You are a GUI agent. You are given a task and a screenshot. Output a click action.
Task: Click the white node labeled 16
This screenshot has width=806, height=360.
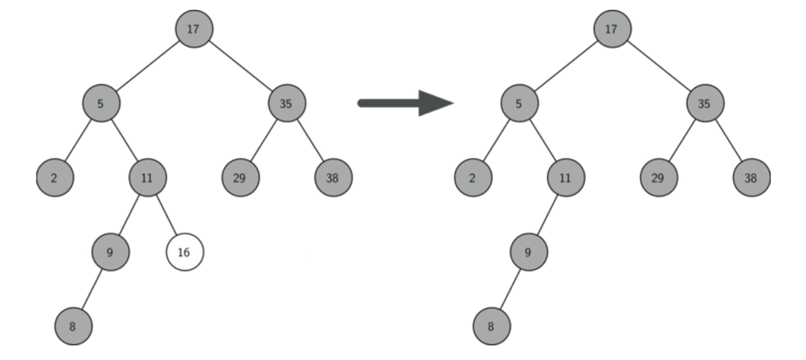coord(185,252)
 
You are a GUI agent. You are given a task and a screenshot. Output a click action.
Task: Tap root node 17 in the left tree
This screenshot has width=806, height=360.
coord(194,29)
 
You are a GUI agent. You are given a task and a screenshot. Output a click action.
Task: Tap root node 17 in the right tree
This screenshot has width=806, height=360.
coord(612,29)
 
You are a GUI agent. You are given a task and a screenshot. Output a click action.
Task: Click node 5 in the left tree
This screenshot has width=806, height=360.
coord(101,103)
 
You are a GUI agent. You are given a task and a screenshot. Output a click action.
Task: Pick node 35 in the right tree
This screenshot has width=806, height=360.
coord(705,103)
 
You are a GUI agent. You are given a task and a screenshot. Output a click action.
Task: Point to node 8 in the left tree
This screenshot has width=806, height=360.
coord(73,326)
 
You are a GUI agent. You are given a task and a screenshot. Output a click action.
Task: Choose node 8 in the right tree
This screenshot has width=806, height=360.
coord(491,326)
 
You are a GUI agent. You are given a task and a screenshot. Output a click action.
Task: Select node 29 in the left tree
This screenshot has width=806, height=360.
coord(240,178)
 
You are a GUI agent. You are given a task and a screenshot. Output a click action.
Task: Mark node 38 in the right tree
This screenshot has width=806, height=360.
coord(751,178)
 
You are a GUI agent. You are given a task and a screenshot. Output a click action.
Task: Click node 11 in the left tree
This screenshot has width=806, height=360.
coord(147,178)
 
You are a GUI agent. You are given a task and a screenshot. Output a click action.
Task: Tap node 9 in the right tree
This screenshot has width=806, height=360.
coord(529,252)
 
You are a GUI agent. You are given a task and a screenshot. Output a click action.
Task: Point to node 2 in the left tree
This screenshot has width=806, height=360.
coord(55,178)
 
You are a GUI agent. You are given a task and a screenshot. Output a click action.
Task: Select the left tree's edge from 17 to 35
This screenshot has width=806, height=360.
coord(241,66)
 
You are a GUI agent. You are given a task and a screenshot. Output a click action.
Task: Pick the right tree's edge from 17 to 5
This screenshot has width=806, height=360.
coord(566,66)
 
